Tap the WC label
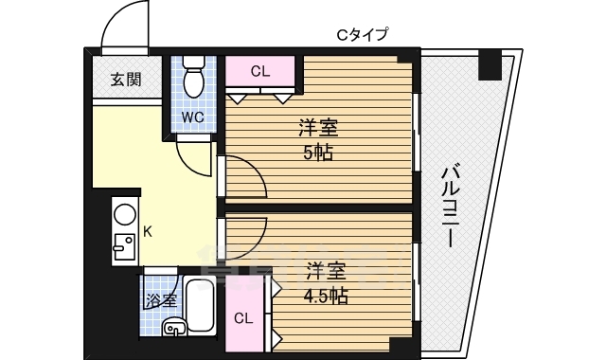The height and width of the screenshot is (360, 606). tap(194, 117)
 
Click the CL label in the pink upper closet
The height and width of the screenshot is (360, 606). tap(261, 70)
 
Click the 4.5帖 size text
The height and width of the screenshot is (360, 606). tap(324, 296)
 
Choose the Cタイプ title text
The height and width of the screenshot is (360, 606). tap(363, 35)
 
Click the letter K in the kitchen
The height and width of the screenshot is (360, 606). tap(147, 230)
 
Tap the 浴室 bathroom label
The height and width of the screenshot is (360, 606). tap(160, 301)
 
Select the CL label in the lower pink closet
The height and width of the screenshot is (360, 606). tap(244, 318)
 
